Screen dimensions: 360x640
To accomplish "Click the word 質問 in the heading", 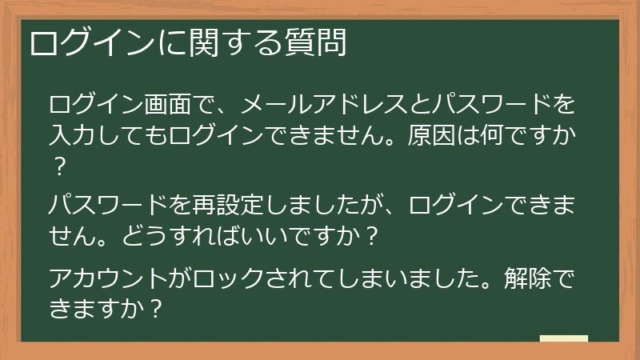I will (318, 44).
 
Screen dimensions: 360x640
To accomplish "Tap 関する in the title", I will (232, 44).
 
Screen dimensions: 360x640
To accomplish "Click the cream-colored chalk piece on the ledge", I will (563, 338).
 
